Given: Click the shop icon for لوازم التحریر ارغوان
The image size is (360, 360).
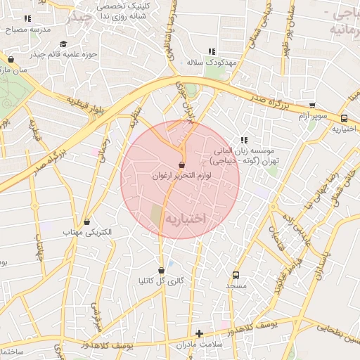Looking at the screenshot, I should tap(182, 165).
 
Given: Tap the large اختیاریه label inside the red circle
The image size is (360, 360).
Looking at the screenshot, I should tap(185, 219).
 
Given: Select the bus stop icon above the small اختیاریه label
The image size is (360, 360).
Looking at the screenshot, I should tap(344, 118).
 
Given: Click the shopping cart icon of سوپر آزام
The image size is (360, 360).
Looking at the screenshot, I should tap(312, 105).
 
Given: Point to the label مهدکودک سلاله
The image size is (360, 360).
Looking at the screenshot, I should tap(211, 63).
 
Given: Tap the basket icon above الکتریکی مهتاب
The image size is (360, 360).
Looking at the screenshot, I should tap(86, 221).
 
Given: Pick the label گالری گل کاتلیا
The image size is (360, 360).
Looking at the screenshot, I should tap(162, 281).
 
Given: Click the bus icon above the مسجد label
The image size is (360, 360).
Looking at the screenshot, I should tap(236, 275).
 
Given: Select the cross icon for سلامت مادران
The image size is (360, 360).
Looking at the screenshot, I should tap(200, 333).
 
